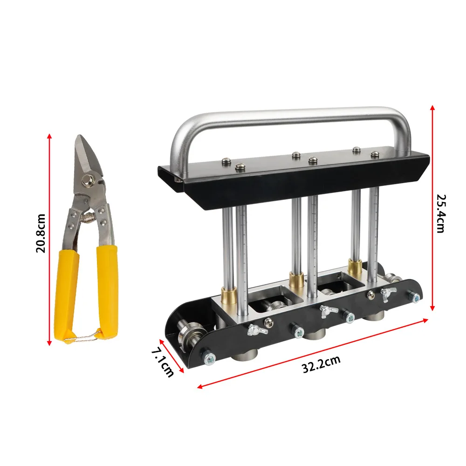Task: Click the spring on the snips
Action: point(89,215)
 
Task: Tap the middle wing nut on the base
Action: point(329,309)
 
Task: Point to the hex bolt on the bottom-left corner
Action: point(208,358)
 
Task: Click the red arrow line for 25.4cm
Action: point(432,207)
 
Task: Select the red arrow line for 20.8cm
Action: point(49,240)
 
